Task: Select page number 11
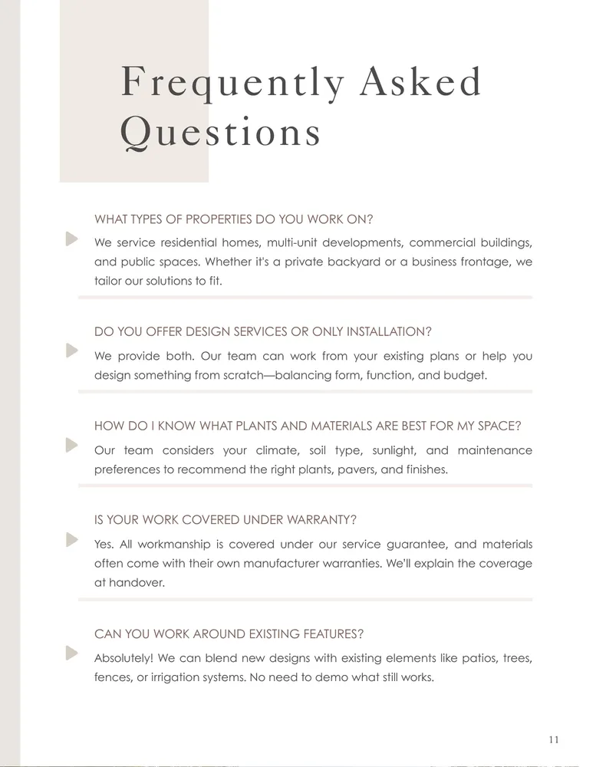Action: pos(554,739)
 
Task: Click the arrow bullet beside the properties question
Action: pos(72,239)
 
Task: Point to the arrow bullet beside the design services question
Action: pos(72,351)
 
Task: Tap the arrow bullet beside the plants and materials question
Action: pos(72,445)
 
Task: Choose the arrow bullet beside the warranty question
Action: pos(72,539)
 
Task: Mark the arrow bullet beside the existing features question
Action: pos(72,653)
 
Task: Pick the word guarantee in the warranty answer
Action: pos(404,545)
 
